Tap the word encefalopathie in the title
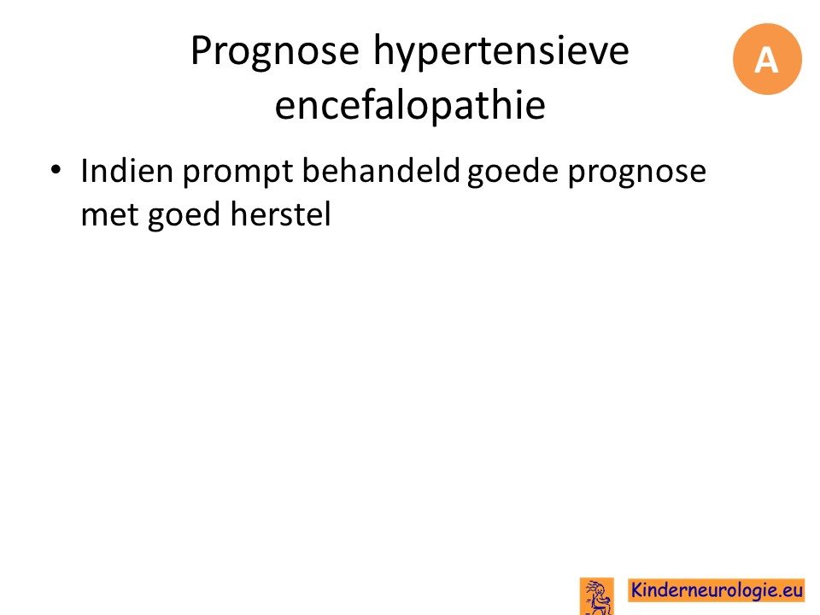pyautogui.click(x=410, y=103)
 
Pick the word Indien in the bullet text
pyautogui.click(x=127, y=171)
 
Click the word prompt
pyautogui.click(x=237, y=173)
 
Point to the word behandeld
pyautogui.click(x=381, y=171)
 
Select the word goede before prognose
pyautogui.click(x=512, y=173)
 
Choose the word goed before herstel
pyautogui.click(x=184, y=216)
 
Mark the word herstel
pyautogui.click(x=280, y=214)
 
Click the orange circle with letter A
pyautogui.click(x=767, y=59)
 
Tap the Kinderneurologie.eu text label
pyautogui.click(x=717, y=590)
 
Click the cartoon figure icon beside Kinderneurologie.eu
pyautogui.click(x=597, y=596)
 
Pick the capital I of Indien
pyautogui.click(x=85, y=171)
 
